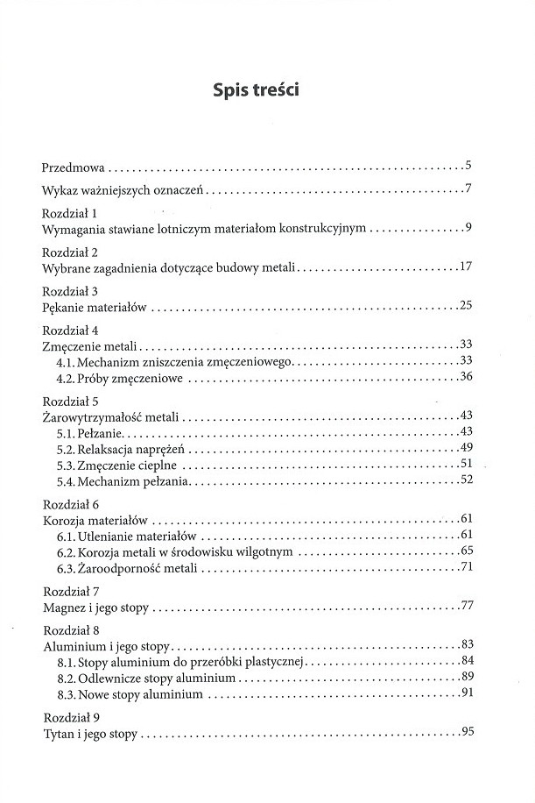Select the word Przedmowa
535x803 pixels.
(x=74, y=166)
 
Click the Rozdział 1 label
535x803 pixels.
(x=69, y=214)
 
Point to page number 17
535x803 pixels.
(x=466, y=266)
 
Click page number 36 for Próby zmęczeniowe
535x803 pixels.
(x=466, y=378)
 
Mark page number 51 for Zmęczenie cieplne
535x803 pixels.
(x=466, y=465)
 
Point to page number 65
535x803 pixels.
(x=466, y=551)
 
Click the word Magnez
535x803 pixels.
(x=64, y=607)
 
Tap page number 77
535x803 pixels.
(x=466, y=607)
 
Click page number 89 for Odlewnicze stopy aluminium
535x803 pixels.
(x=466, y=678)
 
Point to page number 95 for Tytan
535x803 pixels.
(x=466, y=733)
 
